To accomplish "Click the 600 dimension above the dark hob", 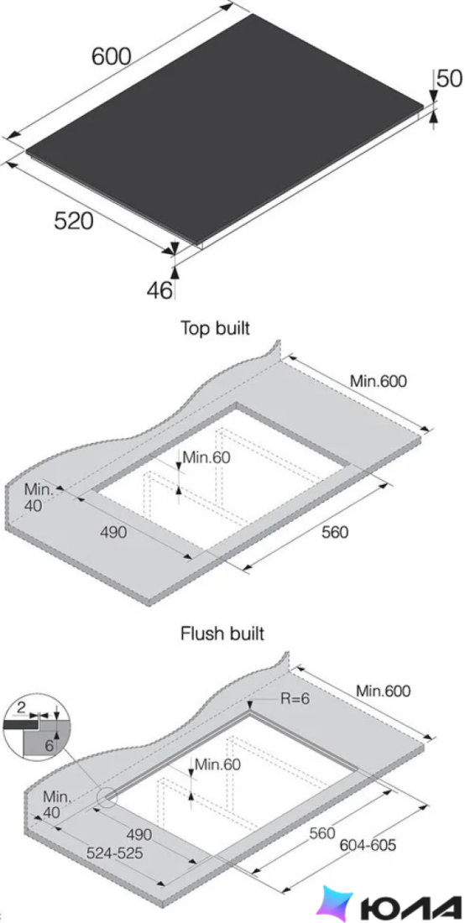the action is click(x=112, y=56).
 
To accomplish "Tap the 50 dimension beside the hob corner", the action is click(x=450, y=78).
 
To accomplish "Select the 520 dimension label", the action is click(x=74, y=222).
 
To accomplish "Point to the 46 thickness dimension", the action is click(x=159, y=290).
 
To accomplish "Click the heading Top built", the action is click(x=215, y=328).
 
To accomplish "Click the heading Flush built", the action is click(x=222, y=634).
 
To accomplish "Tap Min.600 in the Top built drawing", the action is click(x=379, y=381).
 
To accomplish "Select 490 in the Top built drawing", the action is click(x=113, y=532).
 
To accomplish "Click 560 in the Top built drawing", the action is click(x=335, y=531).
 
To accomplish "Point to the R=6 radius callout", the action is click(x=295, y=698).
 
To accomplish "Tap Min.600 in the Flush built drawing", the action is click(x=383, y=691).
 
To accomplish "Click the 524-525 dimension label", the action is click(x=114, y=853).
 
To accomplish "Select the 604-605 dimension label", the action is click(x=368, y=845).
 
